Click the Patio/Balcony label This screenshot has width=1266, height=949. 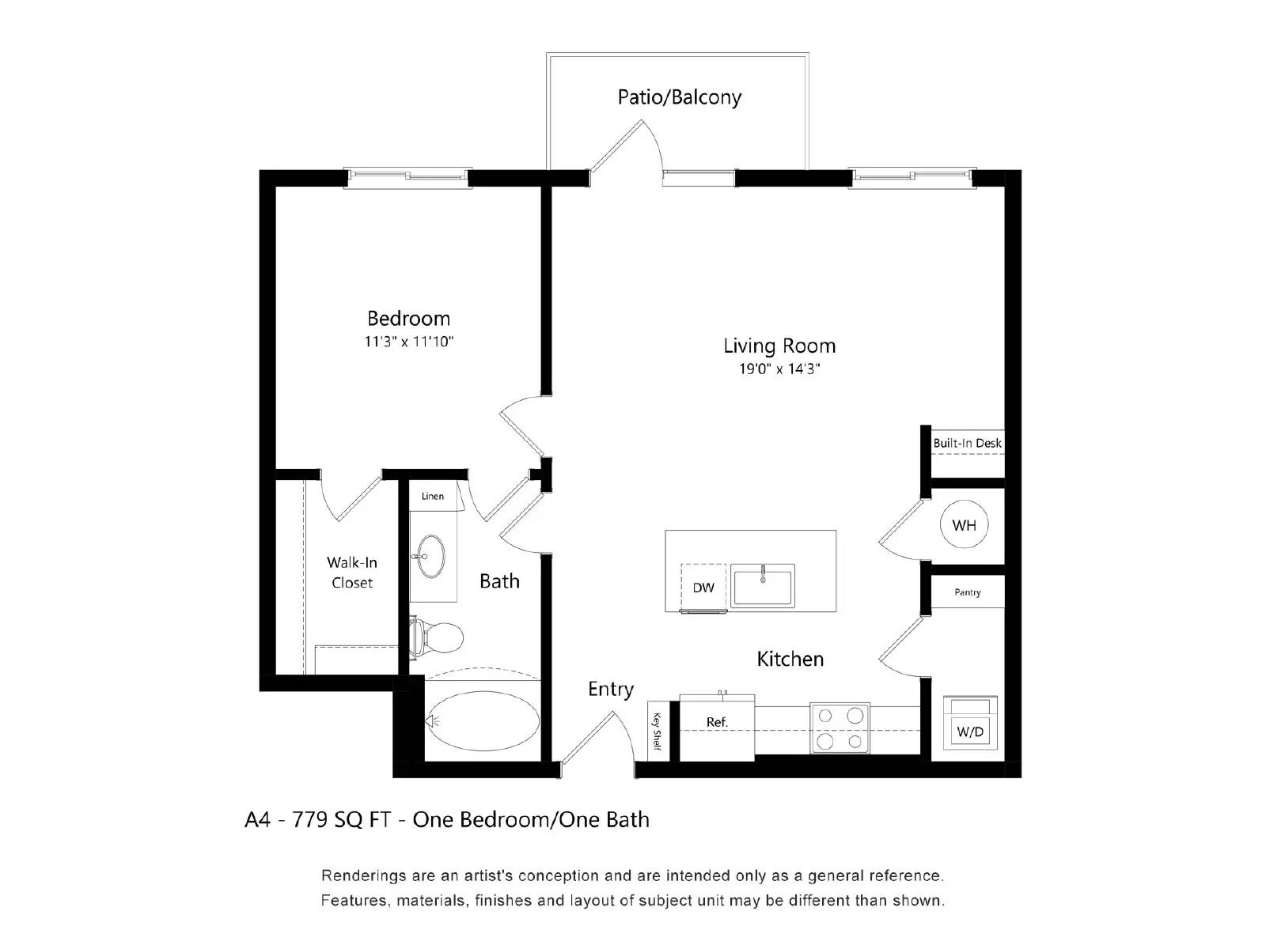pos(679,97)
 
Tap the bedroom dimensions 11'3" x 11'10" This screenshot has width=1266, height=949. pos(408,342)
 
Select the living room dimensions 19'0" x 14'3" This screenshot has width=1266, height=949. pos(779,369)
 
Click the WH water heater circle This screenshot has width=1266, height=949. pos(964,525)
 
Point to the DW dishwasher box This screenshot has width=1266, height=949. pos(703,588)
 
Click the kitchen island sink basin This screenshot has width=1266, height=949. pos(762,587)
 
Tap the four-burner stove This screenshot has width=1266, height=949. pos(840,728)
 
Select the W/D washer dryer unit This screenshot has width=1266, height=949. pos(970,724)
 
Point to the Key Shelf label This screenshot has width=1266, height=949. pos(657,732)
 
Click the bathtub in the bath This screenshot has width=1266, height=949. pos(483,720)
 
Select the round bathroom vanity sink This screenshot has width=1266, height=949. pos(432,556)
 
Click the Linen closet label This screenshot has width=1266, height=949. pos(433,496)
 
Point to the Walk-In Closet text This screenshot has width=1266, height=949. pos(352,573)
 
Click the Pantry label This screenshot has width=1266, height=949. pos(967,592)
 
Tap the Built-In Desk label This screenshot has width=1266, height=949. pos(967,443)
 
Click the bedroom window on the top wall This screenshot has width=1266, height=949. pos(407,177)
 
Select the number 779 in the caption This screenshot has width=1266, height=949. pos(310,819)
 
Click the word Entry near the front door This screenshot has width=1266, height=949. pos(610,689)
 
